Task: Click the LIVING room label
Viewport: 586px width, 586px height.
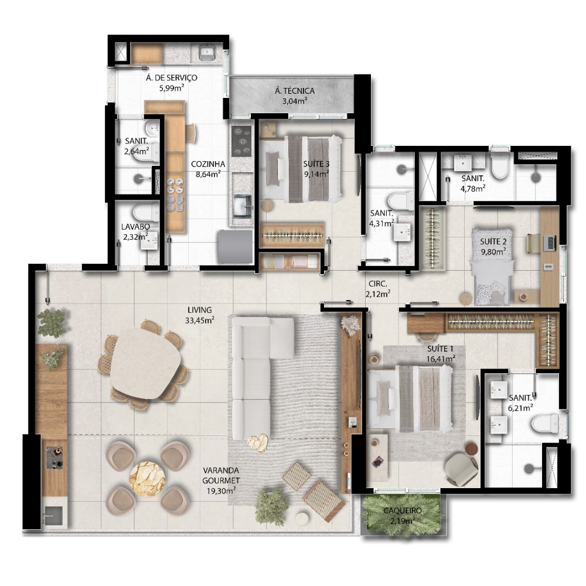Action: pyautogui.click(x=200, y=310)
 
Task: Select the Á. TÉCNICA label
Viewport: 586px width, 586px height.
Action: pyautogui.click(x=295, y=91)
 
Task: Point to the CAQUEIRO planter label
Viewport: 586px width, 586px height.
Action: pyautogui.click(x=402, y=510)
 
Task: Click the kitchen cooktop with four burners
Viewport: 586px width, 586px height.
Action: pyautogui.click(x=241, y=141)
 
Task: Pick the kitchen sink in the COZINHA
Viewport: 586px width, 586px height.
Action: pyautogui.click(x=242, y=206)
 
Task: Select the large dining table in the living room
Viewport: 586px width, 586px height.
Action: pyautogui.click(x=146, y=363)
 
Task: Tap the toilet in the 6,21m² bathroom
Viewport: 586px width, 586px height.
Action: pyautogui.click(x=544, y=424)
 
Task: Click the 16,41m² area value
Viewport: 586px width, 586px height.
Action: pyautogui.click(x=441, y=359)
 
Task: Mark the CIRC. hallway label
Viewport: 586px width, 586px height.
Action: pyautogui.click(x=378, y=284)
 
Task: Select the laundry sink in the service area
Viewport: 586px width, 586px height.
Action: pyautogui.click(x=206, y=52)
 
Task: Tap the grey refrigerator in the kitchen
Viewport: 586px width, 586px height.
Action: pyautogui.click(x=236, y=247)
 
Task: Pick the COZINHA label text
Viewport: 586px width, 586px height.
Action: pyautogui.click(x=208, y=164)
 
